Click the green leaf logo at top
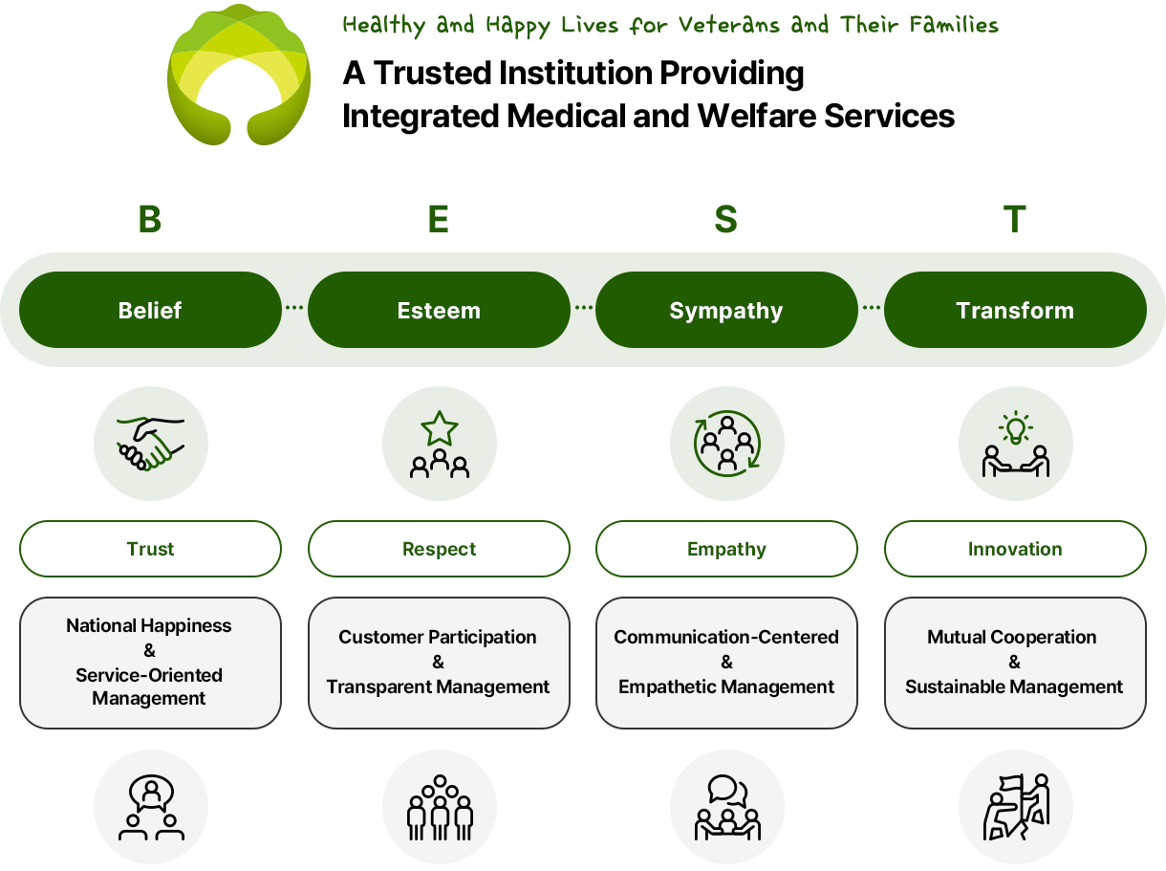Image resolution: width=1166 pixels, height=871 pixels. pos(239,75)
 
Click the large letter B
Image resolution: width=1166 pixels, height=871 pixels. pos(150,219)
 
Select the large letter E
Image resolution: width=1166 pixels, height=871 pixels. pos(439,219)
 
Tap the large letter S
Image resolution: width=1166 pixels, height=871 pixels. pos(726,219)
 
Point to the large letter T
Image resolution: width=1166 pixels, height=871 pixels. pos(1014,219)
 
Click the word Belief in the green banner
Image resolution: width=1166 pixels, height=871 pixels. pos(150,311)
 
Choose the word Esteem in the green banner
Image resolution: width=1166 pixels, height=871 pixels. pos(439,311)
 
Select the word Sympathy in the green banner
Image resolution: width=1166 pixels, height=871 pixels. pos(726,311)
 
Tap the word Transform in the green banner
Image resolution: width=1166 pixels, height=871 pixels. pos(1015,311)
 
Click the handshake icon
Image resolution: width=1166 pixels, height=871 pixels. pos(150,443)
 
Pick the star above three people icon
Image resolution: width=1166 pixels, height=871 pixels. pos(439,443)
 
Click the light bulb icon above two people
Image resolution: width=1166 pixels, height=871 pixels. pos(1015,443)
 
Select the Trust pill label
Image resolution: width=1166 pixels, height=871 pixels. pos(150,549)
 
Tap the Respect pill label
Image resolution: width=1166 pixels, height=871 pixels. pos(439,549)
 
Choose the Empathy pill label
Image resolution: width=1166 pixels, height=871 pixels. pos(726,549)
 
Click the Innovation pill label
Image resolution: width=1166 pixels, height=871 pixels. pos(1015,549)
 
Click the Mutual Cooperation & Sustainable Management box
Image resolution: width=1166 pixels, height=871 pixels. pos(1014,662)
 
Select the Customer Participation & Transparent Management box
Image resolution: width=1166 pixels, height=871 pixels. pos(438,662)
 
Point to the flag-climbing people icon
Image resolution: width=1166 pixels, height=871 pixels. pos(1016,807)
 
